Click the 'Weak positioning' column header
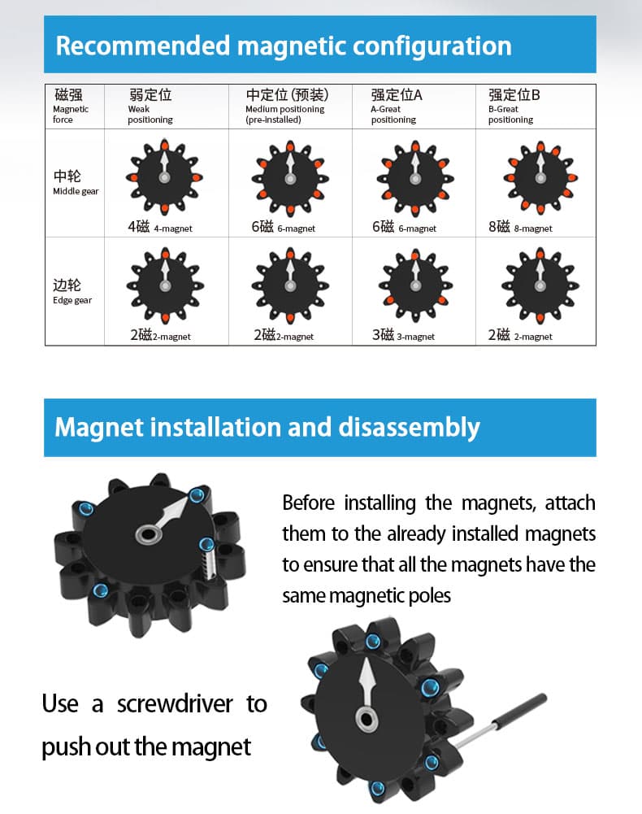pos(150,107)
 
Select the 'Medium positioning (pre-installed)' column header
pos(287,107)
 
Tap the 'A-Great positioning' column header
pos(396,107)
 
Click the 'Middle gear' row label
pos(75,182)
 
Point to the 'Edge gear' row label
pos(72,291)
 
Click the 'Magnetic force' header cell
pos(72,107)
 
